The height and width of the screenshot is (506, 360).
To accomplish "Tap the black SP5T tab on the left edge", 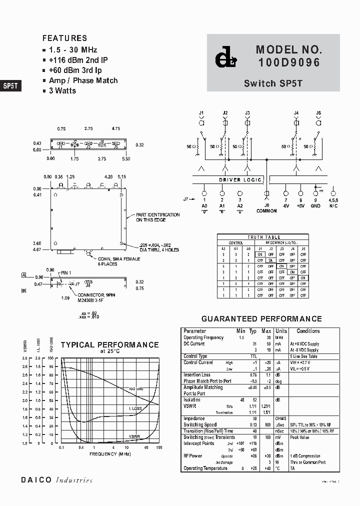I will (10, 85).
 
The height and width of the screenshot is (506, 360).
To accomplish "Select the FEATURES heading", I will (64, 38).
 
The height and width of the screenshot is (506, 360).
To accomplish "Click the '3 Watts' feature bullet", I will (62, 90).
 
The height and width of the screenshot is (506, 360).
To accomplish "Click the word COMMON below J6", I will (267, 211).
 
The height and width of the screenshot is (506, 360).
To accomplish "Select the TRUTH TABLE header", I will (263, 237).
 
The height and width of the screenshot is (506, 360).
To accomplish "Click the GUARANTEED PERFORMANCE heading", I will (261, 318).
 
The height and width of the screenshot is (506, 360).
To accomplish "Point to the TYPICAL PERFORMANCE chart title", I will (109, 344).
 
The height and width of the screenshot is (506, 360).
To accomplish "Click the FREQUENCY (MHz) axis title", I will (110, 453).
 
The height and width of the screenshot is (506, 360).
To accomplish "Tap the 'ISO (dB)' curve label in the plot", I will (136, 389).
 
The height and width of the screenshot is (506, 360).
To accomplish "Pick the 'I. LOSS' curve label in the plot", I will (136, 408).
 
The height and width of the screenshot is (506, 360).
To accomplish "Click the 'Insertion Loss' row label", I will (197, 374).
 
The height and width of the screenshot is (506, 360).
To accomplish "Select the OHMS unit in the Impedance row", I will (281, 418).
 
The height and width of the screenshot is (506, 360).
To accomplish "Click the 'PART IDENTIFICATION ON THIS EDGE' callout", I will (158, 217).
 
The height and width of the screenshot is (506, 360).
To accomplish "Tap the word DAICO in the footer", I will (36, 480).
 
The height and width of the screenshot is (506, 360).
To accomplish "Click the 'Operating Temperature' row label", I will (205, 468).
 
